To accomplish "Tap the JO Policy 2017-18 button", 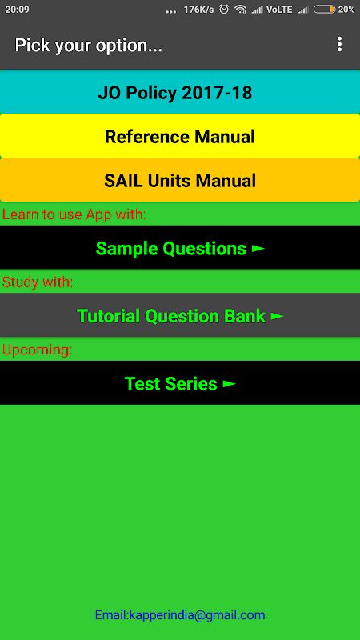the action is tap(180, 92).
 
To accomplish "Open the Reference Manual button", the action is tap(180, 136).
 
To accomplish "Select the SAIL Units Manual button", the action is tap(180, 180).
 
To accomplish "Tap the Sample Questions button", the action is tap(180, 247).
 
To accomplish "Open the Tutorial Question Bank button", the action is tap(180, 315).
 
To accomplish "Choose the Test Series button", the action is tap(180, 383).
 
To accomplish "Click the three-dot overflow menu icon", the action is tap(339, 44).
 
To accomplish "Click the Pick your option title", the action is tap(89, 46).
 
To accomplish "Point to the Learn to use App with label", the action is tap(74, 214).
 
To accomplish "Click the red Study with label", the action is tap(38, 282).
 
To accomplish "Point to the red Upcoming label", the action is tap(37, 350).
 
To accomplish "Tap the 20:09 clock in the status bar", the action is tap(17, 10).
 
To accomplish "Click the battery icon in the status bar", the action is tap(325, 10).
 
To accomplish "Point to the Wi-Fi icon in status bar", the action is tap(241, 10).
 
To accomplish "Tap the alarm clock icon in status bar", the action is tap(224, 9).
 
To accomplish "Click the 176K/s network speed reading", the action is tap(198, 10).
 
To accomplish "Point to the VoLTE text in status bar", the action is tap(279, 10).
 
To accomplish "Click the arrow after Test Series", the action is tap(230, 384).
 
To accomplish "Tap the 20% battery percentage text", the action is tap(346, 10).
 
